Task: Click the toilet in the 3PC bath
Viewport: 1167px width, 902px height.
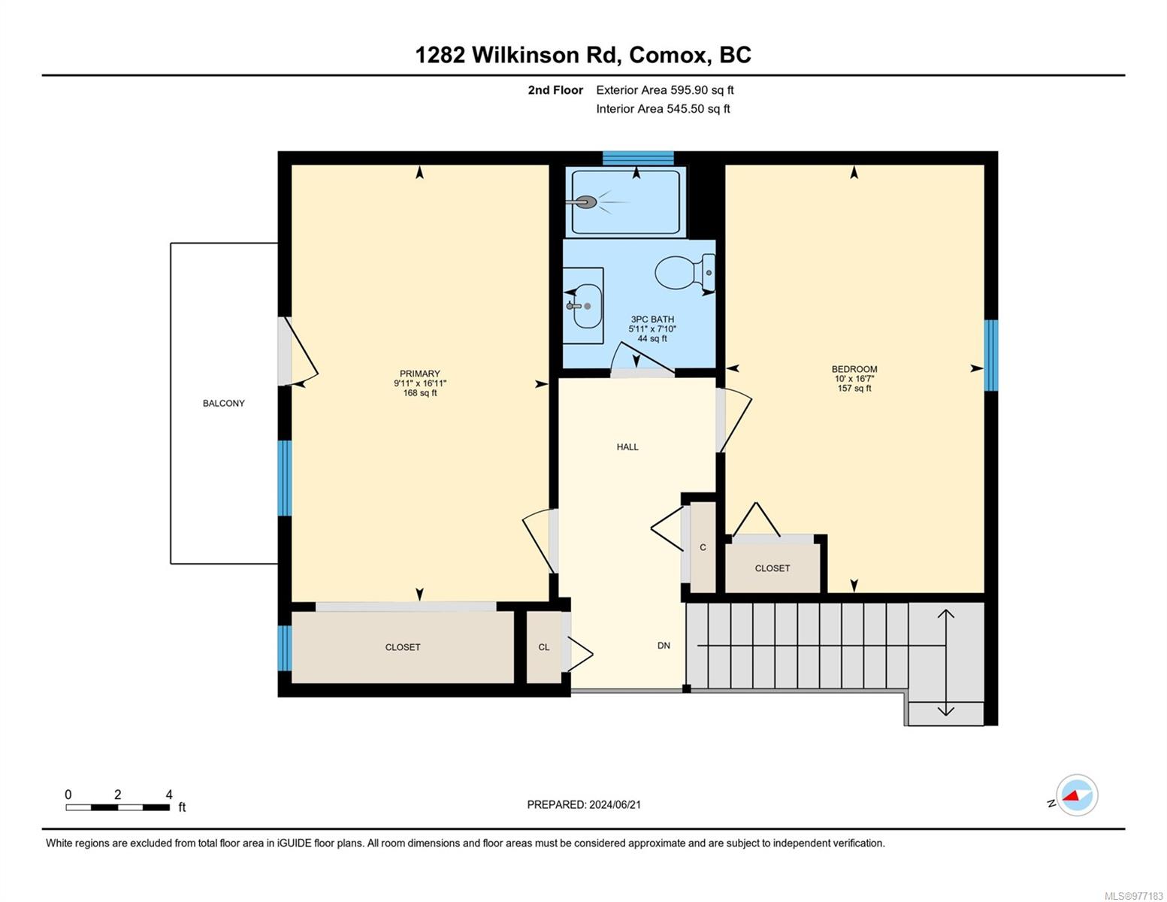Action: [x=685, y=272]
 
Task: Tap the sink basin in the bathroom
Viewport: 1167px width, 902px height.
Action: [x=587, y=306]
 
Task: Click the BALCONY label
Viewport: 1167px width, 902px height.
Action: [x=223, y=404]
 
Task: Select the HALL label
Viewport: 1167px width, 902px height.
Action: [x=627, y=447]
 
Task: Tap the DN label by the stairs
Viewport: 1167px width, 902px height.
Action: [x=664, y=646]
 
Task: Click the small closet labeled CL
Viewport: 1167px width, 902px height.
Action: [x=545, y=647]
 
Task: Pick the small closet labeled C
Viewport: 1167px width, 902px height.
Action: [x=703, y=547]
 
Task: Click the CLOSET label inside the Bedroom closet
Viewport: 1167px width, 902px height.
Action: [x=772, y=568]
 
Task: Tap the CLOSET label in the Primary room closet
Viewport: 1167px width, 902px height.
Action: [x=402, y=647]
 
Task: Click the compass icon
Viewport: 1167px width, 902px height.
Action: [x=1077, y=795]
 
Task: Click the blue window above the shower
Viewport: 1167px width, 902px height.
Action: [x=637, y=158]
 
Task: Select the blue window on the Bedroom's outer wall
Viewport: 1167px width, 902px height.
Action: [x=991, y=355]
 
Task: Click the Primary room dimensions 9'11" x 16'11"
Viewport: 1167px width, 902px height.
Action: [x=420, y=383]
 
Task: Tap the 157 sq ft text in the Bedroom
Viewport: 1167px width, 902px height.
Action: [x=854, y=389]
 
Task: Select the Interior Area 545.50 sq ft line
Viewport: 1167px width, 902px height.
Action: [x=664, y=108]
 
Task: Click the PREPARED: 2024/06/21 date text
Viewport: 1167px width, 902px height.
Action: [x=584, y=805]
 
